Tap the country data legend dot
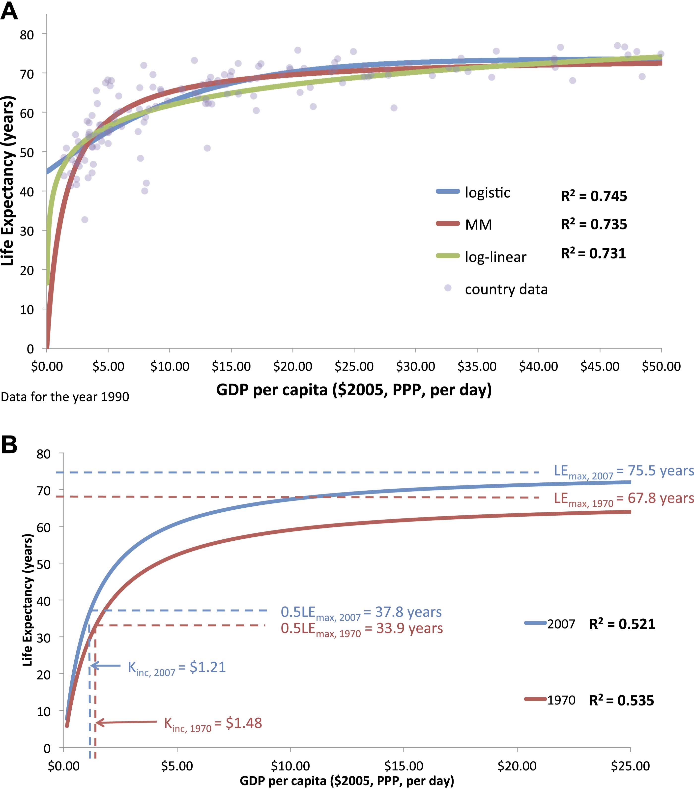[448, 288]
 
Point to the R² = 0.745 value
[594, 196]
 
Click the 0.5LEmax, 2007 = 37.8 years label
[361, 613]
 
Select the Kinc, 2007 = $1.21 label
[177, 667]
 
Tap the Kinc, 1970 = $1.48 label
[213, 723]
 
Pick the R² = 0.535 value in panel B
[621, 701]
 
